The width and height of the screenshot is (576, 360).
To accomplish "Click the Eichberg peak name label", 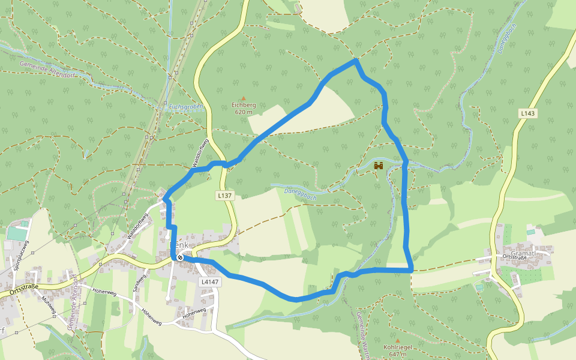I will coord(244,105).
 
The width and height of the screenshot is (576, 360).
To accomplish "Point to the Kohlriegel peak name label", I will coord(397,347).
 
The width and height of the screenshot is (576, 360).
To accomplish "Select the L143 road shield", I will coord(527,113).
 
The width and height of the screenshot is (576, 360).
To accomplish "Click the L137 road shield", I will coord(224,196).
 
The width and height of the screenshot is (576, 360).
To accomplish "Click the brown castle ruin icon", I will coord(379,166).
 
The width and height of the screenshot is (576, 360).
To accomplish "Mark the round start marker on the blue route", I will coord(179,257).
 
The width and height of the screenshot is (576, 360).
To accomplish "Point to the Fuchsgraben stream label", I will coord(186,107).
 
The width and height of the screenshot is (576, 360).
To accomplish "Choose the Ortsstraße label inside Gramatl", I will coord(514,257).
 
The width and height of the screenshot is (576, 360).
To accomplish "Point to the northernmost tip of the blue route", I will coord(356,60).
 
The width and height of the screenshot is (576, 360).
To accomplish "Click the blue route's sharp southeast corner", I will coord(412,270).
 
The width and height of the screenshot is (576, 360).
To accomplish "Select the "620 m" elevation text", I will coord(244,112).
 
